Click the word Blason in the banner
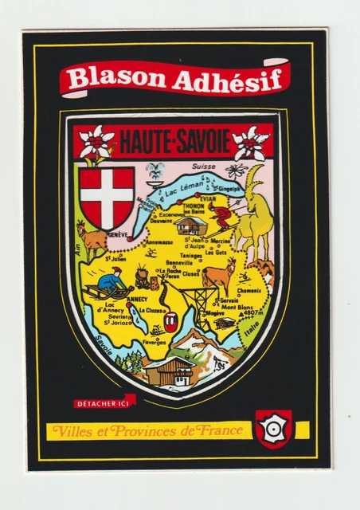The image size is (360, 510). (x=105, y=78)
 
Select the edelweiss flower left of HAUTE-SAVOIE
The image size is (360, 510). (x=97, y=143)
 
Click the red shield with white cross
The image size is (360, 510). (x=107, y=195)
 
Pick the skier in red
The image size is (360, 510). (x=222, y=217)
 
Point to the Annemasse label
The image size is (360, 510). (x=159, y=241)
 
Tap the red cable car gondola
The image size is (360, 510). (x=170, y=322)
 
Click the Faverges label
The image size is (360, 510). (x=155, y=343)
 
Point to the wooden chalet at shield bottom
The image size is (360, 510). (x=171, y=370)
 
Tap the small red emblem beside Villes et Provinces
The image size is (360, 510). (x=273, y=429)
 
